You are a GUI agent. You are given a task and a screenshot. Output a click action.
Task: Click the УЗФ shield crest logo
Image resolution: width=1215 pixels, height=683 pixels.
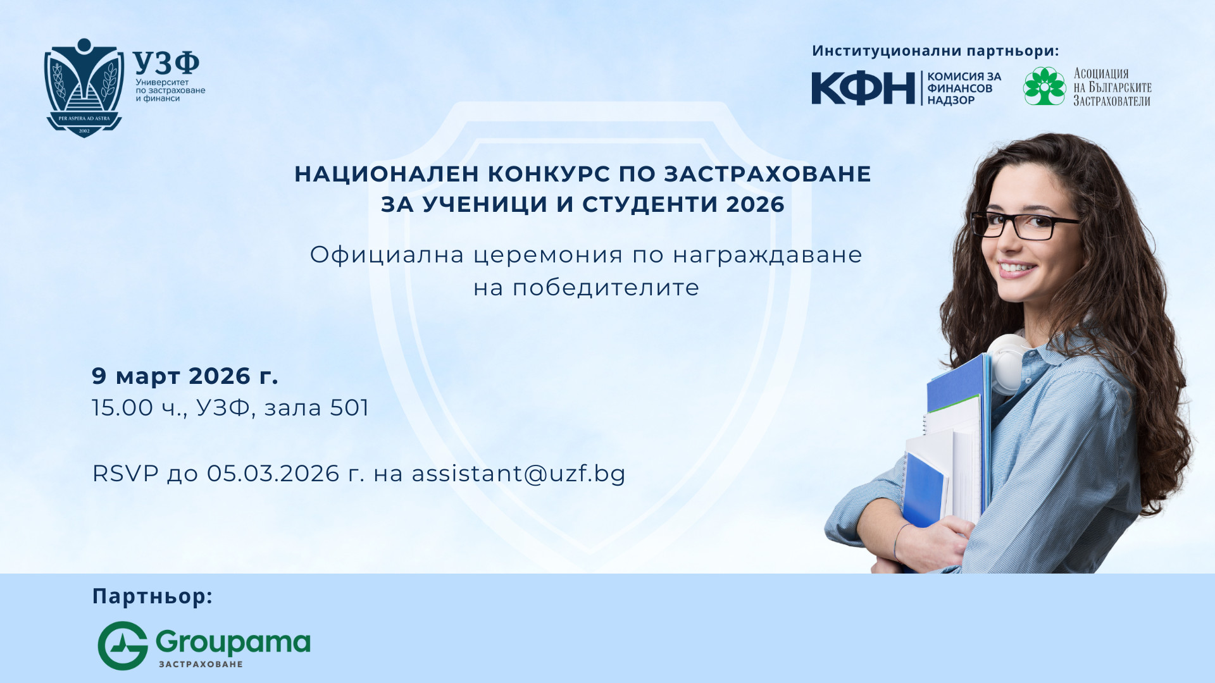[x=84, y=88]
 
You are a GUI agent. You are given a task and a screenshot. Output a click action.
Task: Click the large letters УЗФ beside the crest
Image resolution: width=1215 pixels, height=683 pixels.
[x=166, y=63]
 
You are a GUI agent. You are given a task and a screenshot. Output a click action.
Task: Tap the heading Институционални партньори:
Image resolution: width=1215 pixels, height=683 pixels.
[x=935, y=51]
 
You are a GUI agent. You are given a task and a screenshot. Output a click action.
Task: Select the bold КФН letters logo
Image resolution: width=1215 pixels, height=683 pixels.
[x=863, y=88]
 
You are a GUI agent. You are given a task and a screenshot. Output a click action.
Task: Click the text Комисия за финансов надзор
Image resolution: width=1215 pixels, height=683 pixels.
[x=964, y=88]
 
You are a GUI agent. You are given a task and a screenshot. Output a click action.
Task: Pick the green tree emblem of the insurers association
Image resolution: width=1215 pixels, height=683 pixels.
[x=1045, y=86]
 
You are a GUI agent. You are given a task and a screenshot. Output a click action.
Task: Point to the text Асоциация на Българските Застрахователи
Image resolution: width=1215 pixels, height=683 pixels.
[x=1112, y=87]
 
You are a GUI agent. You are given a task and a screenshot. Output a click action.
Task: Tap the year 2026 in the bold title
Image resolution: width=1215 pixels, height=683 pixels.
[x=756, y=204]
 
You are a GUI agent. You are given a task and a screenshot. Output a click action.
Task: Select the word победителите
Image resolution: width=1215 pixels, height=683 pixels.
[x=606, y=288]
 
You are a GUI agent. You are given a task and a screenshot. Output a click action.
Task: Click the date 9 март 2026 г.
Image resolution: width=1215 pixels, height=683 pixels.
[x=185, y=376]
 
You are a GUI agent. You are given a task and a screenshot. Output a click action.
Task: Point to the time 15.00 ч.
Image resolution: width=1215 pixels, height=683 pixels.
[x=139, y=408]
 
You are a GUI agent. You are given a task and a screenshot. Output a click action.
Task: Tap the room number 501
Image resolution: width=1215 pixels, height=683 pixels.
[x=349, y=408]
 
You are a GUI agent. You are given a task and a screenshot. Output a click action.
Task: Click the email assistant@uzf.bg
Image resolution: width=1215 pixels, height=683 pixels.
[x=518, y=474]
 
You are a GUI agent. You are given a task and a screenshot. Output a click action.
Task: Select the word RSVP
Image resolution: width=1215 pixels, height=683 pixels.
[x=125, y=474]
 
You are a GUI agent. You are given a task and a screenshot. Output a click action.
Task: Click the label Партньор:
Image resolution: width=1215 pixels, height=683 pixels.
[x=153, y=596]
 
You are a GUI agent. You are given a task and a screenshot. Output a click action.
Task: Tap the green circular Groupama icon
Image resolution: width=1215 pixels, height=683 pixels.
[x=123, y=646]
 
